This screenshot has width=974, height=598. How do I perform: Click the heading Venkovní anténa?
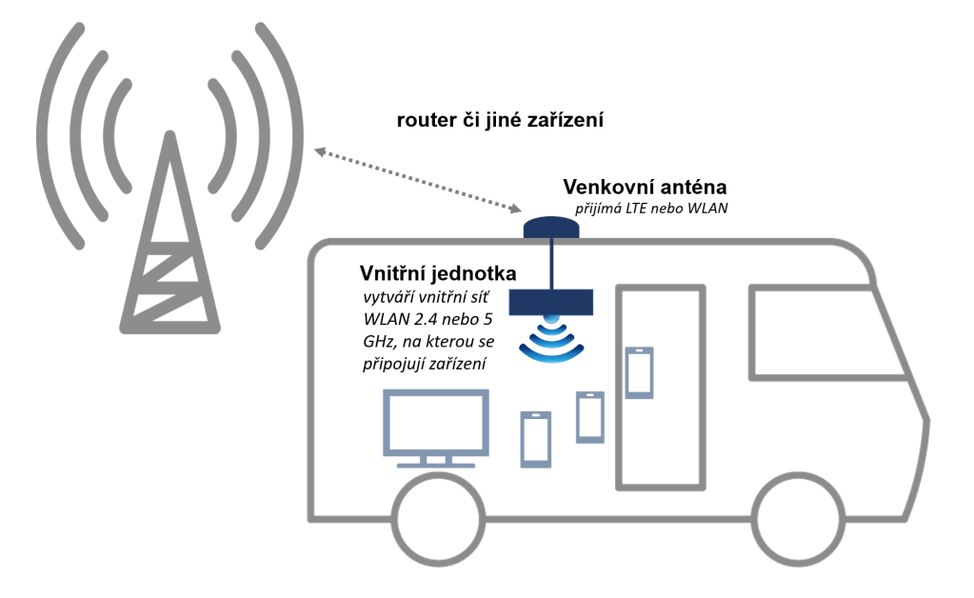(x=645, y=186)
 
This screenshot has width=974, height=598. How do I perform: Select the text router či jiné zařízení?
(x=501, y=121)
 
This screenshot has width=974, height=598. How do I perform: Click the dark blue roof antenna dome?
(x=552, y=228)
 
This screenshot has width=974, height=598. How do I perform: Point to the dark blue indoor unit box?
(x=553, y=303)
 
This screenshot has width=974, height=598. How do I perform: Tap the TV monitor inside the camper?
(x=436, y=422)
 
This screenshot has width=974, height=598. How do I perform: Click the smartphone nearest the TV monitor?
(x=535, y=438)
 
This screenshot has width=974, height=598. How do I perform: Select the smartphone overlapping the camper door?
(x=639, y=372)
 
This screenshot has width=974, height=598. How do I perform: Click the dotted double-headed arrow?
(x=418, y=178)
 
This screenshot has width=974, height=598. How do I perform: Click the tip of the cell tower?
(x=170, y=135)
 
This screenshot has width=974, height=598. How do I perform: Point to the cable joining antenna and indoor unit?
(x=552, y=262)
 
